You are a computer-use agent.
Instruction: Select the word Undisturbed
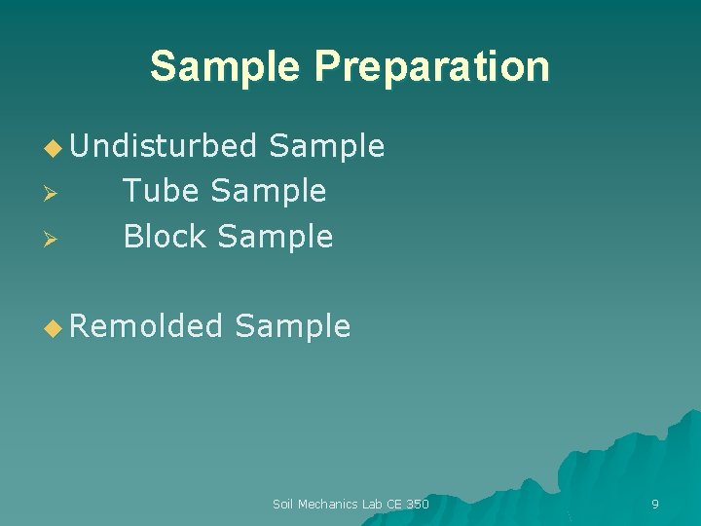pyautogui.click(x=163, y=146)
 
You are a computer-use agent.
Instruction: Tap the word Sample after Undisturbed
pyautogui.click(x=326, y=146)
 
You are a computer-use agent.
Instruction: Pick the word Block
pyautogui.click(x=166, y=236)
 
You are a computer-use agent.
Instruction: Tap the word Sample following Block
pyautogui.click(x=276, y=236)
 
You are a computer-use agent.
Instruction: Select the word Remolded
pyautogui.click(x=146, y=325)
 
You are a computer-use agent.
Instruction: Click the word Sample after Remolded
pyautogui.click(x=292, y=325)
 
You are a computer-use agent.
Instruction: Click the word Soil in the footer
pyautogui.click(x=282, y=504)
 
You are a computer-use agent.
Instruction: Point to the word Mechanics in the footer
pyautogui.click(x=328, y=504)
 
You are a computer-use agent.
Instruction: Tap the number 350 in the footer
pyautogui.click(x=418, y=504)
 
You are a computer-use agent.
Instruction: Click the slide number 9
pyautogui.click(x=654, y=504)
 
